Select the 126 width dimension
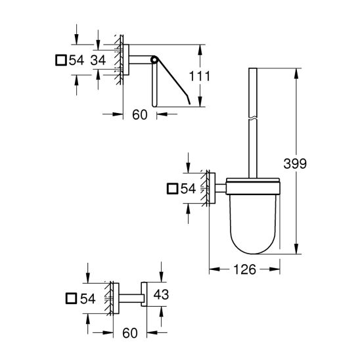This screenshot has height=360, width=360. click(x=244, y=270)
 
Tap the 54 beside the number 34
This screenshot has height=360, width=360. click(x=76, y=61)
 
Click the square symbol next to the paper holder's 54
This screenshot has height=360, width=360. click(x=60, y=61)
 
